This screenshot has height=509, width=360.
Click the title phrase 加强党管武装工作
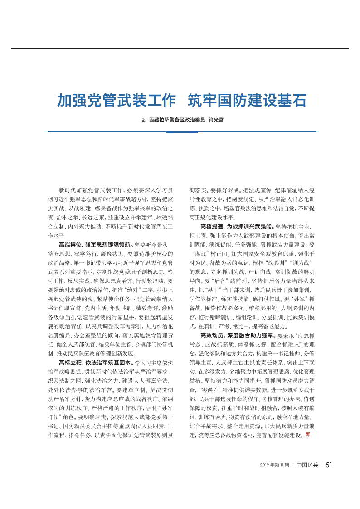point(116,100)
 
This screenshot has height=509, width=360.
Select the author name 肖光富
point(216,121)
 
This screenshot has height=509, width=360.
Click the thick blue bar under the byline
point(182,131)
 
